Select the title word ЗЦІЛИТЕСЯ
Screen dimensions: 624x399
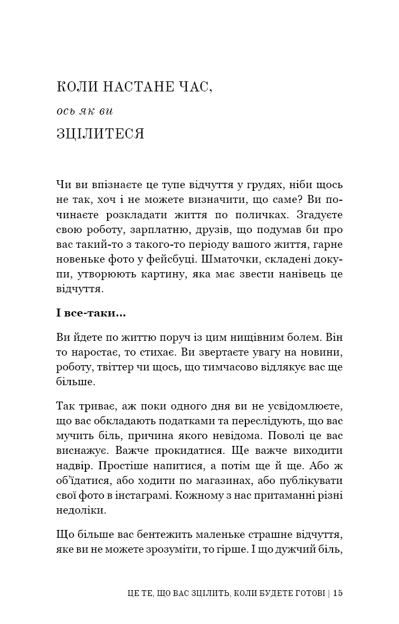coord(100,134)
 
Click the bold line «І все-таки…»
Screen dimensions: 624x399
coord(91,314)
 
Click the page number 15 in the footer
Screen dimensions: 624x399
coord(338,593)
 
